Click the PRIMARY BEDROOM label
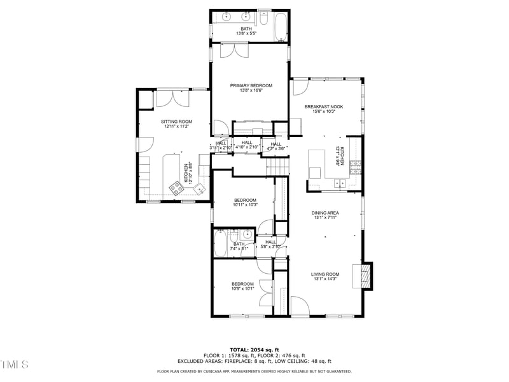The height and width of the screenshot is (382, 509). (251, 85)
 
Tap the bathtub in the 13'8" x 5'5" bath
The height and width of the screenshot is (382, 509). (281, 29)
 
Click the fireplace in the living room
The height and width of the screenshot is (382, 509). (365, 276)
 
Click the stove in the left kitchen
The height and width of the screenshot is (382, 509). (174, 187)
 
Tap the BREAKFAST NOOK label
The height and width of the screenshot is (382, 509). (323, 107)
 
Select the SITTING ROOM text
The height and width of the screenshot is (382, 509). (176, 122)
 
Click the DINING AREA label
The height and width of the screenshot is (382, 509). (324, 213)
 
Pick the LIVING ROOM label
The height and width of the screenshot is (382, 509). (324, 274)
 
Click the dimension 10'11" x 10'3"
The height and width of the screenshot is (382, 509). (245, 205)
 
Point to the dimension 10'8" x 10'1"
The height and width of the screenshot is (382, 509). (242, 288)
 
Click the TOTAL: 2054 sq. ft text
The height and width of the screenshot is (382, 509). (254, 350)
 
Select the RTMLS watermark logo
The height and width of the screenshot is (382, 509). (14, 364)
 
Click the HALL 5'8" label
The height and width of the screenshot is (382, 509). (270, 242)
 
